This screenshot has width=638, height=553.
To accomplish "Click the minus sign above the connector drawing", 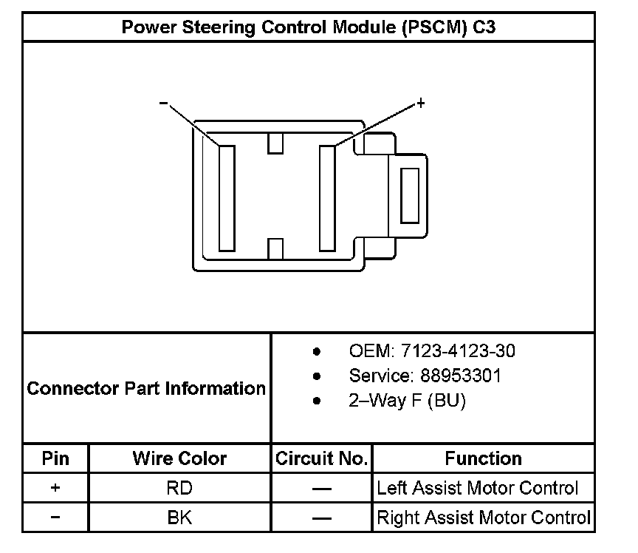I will (x=163, y=104).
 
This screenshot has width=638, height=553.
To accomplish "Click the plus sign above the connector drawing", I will (x=421, y=104).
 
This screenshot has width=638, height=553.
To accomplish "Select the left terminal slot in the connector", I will (x=227, y=197).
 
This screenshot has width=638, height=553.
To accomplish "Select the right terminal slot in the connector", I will (x=327, y=197).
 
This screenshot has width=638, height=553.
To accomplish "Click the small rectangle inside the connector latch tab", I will (x=409, y=194).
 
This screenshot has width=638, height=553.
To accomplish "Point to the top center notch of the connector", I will (x=276, y=142).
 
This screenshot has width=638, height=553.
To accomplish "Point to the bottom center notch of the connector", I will (x=276, y=249).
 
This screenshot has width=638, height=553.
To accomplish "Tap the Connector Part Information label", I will (x=146, y=388).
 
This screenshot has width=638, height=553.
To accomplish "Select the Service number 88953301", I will (x=425, y=376).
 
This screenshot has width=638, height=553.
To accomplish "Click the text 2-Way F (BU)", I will (x=408, y=401).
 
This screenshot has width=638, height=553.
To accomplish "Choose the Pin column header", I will (x=55, y=458).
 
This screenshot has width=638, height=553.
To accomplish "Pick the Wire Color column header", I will (x=179, y=458).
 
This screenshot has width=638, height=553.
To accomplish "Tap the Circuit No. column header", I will (x=321, y=458).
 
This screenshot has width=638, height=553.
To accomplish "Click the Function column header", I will (x=483, y=458).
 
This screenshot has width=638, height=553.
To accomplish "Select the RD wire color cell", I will (x=179, y=488).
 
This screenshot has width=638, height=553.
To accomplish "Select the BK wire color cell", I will (x=179, y=518).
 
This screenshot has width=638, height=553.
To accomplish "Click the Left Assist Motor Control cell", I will (x=477, y=488).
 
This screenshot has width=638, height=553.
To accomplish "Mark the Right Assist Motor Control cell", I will (x=483, y=518).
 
